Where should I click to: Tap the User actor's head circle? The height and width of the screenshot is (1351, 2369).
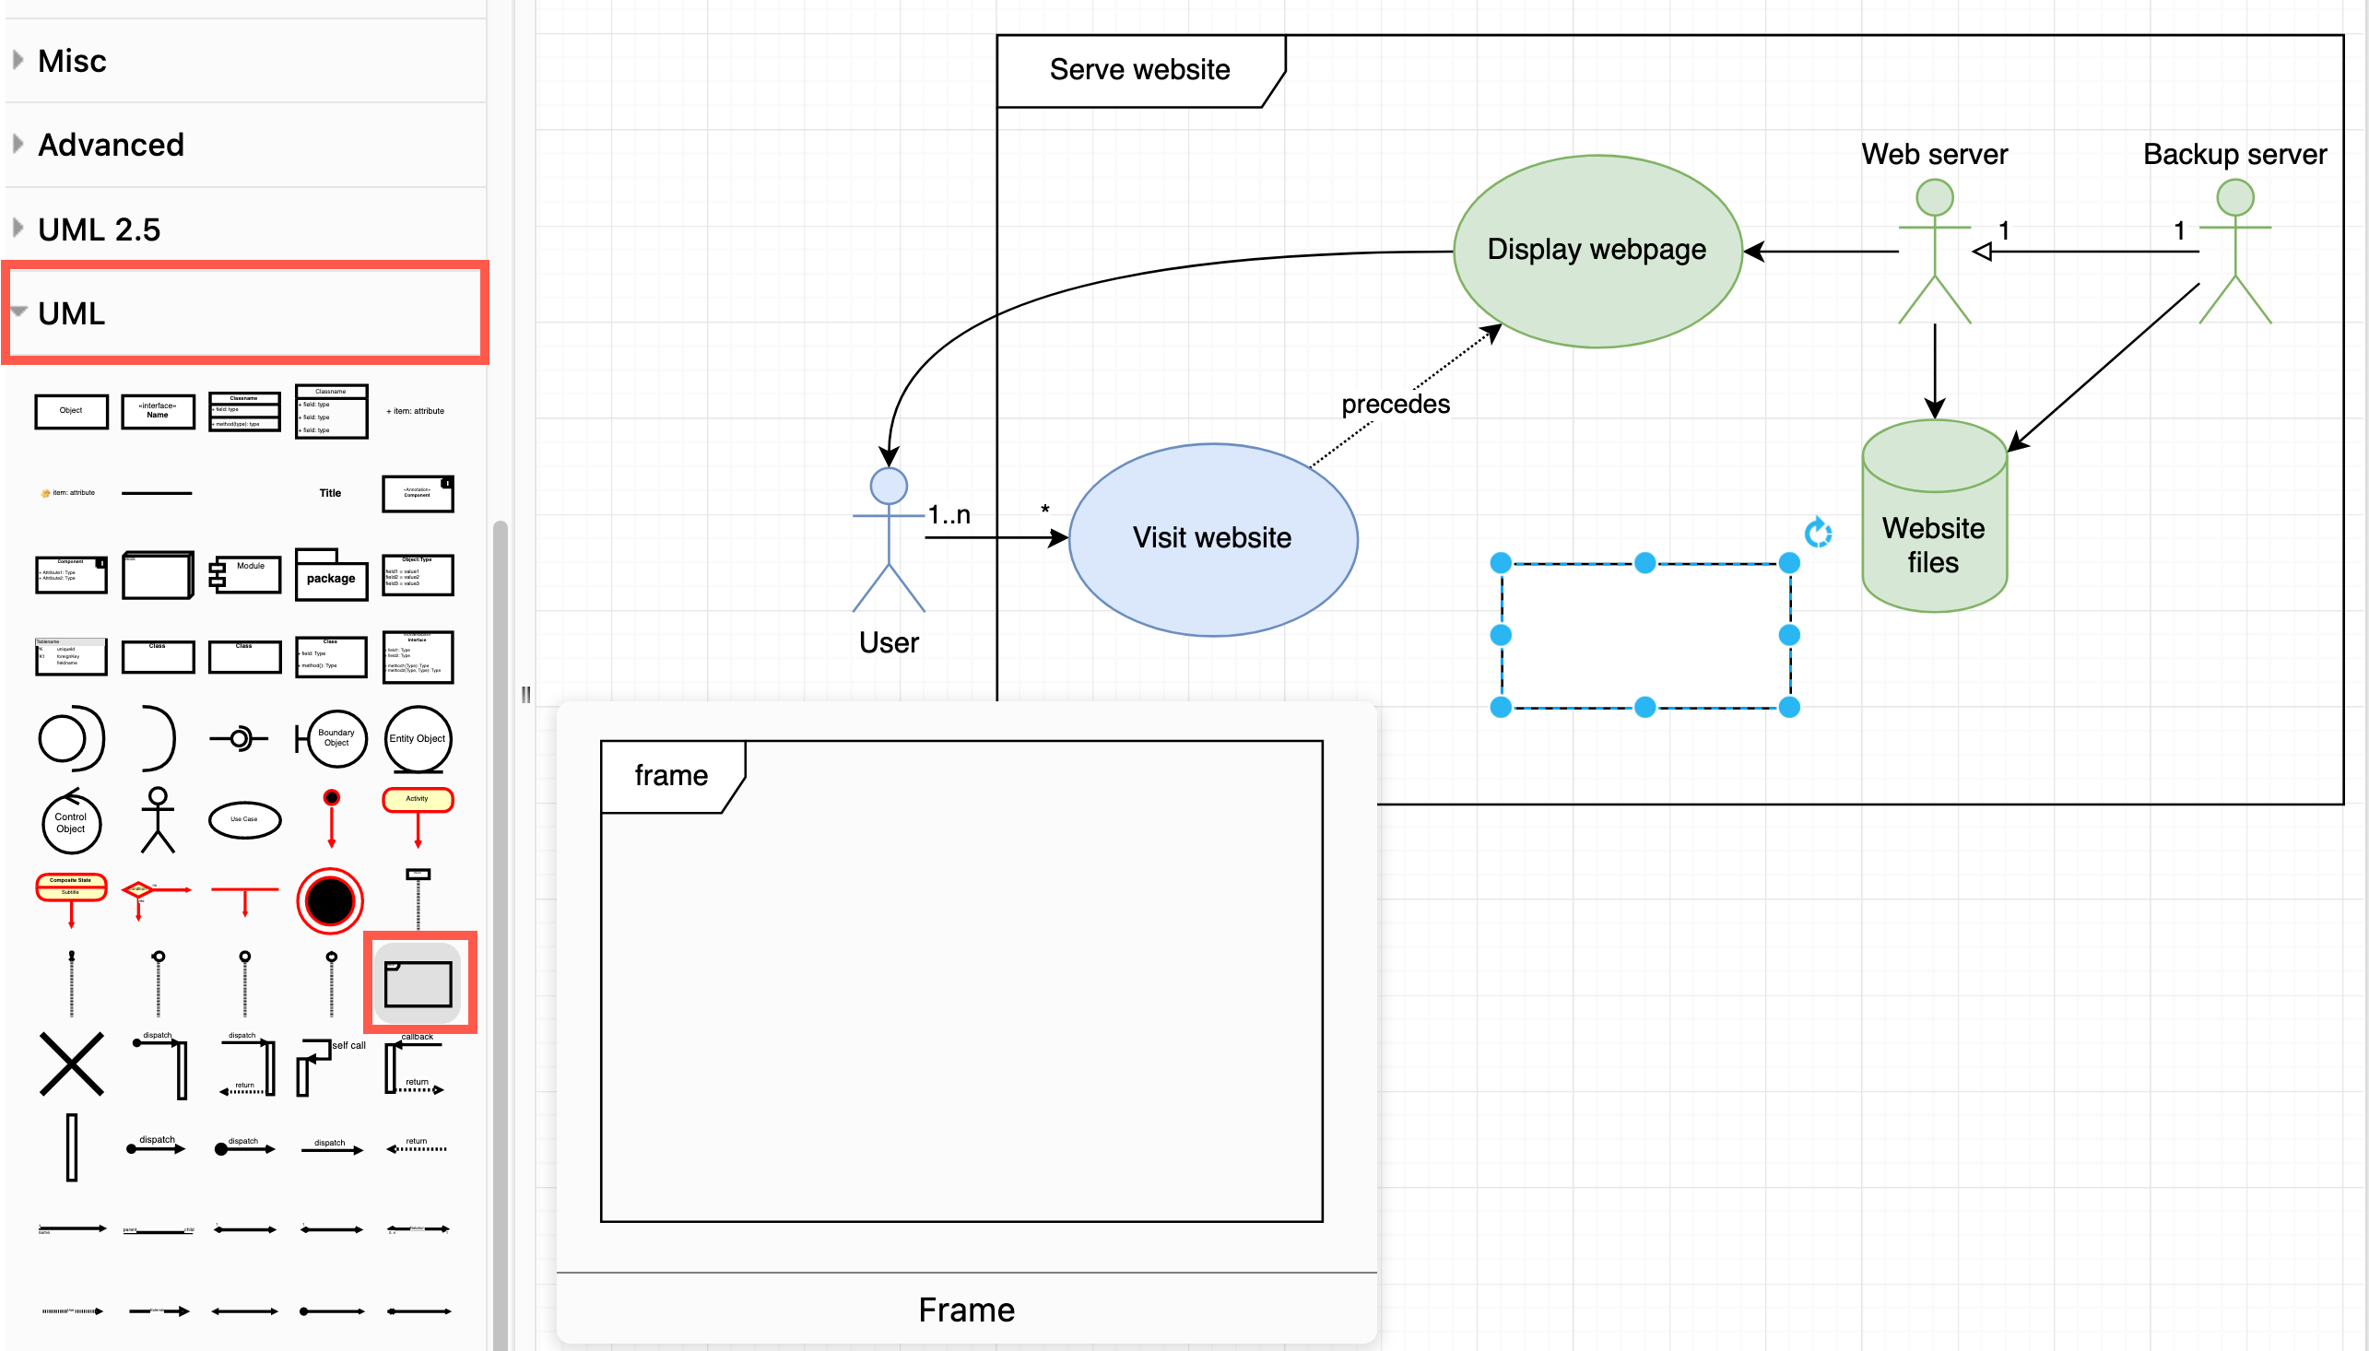click(x=888, y=486)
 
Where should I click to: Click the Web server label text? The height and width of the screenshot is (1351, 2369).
click(x=1934, y=154)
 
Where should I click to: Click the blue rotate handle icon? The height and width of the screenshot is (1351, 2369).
click(x=1817, y=533)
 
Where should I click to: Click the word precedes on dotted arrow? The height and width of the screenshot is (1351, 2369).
click(x=1395, y=405)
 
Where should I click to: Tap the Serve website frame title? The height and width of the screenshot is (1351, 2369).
click(x=1138, y=70)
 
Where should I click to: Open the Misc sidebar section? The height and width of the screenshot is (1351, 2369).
click(x=73, y=61)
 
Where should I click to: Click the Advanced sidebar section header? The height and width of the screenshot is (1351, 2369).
click(x=111, y=145)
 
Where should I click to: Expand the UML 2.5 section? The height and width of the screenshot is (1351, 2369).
click(x=99, y=229)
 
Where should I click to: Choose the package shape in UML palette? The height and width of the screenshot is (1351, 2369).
click(x=331, y=576)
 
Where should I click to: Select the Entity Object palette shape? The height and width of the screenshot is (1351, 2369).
click(x=418, y=738)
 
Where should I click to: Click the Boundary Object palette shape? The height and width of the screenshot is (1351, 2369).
click(x=334, y=738)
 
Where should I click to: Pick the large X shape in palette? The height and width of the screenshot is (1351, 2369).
click(x=72, y=1064)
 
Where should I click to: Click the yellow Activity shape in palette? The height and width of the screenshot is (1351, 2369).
click(x=418, y=800)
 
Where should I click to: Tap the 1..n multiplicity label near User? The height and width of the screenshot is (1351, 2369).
click(x=949, y=515)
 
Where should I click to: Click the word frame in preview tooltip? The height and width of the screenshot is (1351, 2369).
click(x=671, y=776)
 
